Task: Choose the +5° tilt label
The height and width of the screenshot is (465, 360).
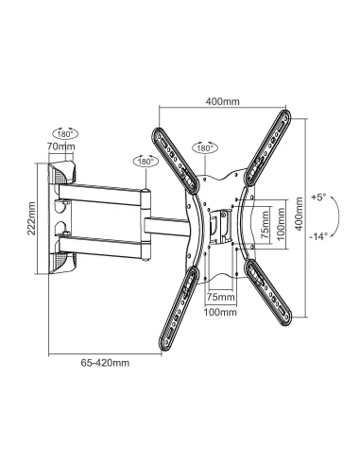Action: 318,198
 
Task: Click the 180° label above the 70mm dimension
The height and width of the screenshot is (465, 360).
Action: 62,133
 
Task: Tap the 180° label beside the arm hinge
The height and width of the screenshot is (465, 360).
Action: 146,162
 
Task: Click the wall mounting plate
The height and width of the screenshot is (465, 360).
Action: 59,216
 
